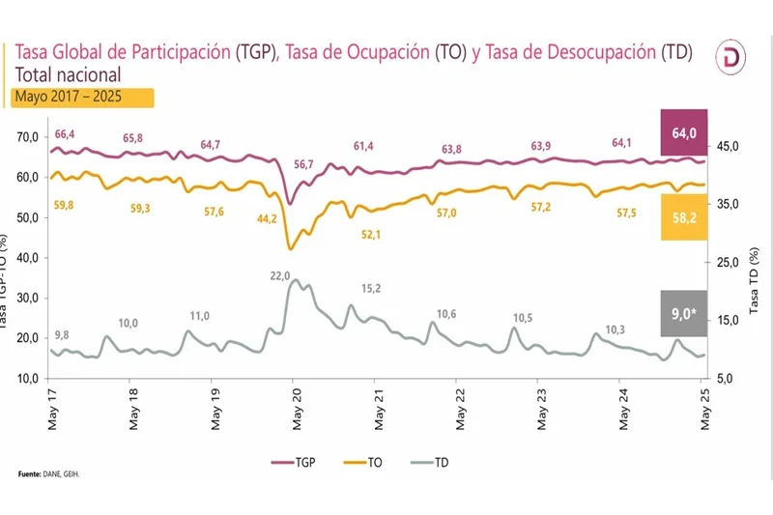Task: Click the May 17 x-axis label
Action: point(50,407)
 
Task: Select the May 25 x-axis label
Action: point(702,407)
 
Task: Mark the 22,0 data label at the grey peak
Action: point(280,275)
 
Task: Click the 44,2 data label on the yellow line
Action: point(268,218)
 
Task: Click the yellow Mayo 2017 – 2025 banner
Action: point(82,97)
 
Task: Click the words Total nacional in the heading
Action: point(68,74)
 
